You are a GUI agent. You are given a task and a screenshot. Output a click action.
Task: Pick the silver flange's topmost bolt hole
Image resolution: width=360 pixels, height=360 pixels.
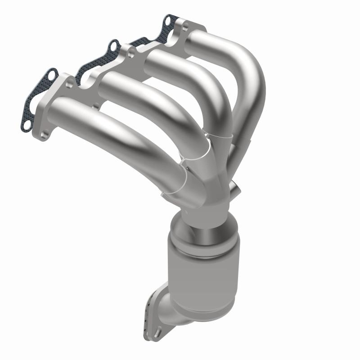point(181,28)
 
